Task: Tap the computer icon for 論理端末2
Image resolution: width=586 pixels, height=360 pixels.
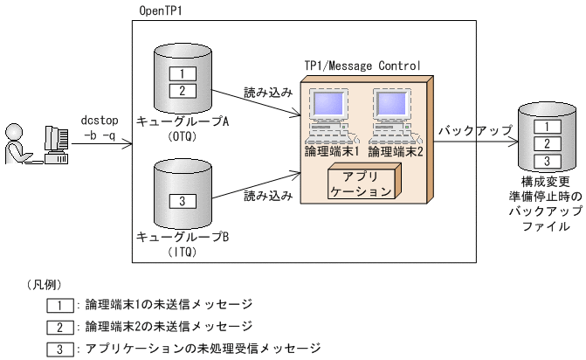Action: pyautogui.click(x=394, y=114)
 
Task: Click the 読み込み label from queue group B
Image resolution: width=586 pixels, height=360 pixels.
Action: pyautogui.click(x=267, y=197)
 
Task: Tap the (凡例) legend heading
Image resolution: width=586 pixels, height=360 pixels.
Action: pyautogui.click(x=46, y=286)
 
